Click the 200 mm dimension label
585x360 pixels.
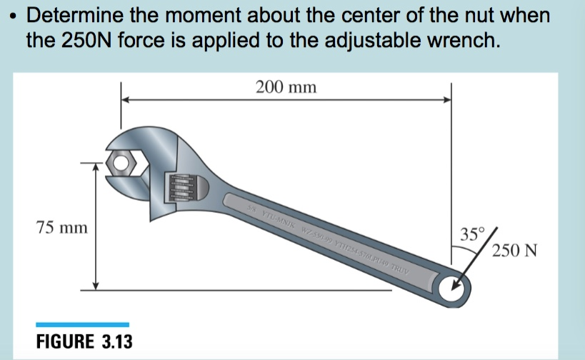[286, 87]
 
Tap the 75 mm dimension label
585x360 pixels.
[62, 228]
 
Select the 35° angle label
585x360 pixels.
[471, 234]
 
